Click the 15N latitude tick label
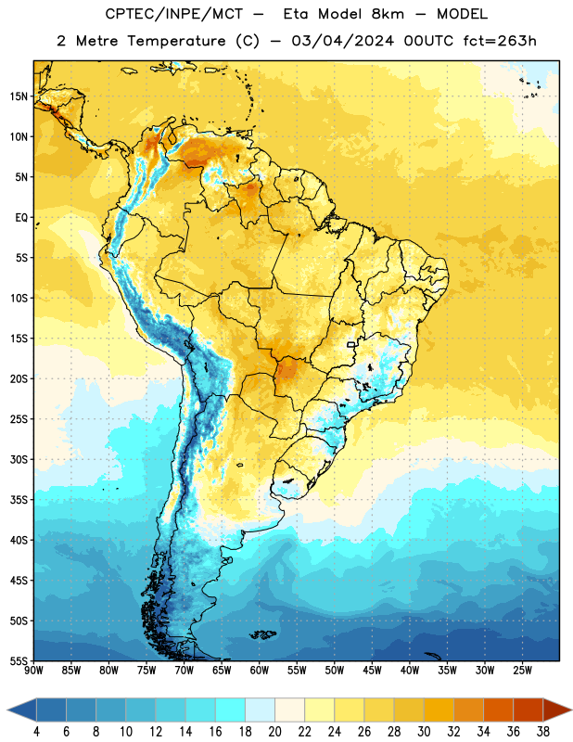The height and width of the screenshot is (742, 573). tap(19, 96)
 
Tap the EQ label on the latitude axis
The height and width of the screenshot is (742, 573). tap(21, 218)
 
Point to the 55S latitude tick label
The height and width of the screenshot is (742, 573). tap(19, 660)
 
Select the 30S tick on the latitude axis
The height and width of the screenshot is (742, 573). tap(19, 459)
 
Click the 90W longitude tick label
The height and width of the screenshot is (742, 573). tap(33, 670)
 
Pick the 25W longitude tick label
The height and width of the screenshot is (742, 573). tap(522, 670)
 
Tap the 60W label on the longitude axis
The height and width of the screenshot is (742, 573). tap(260, 670)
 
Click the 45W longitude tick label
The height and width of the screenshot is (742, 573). tap(373, 670)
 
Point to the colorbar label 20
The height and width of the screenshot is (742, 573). tap(274, 732)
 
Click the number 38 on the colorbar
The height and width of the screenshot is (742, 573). tap(543, 732)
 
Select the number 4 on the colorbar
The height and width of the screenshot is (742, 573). tap(36, 732)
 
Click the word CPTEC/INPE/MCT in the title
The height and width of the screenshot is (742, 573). tap(173, 14)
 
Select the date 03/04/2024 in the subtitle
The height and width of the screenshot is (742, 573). tap(342, 41)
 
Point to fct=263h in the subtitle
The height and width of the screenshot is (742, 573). tap(500, 41)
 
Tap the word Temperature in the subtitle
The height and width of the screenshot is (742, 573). tap(176, 41)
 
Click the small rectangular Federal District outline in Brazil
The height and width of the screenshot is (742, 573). tap(351, 344)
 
